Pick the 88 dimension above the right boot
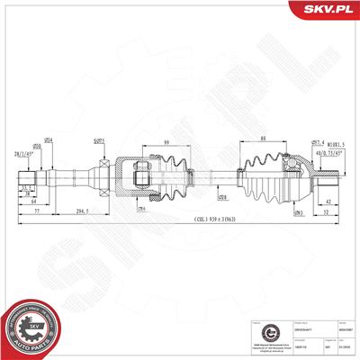261,138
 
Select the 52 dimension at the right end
327,211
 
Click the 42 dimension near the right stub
329,202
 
